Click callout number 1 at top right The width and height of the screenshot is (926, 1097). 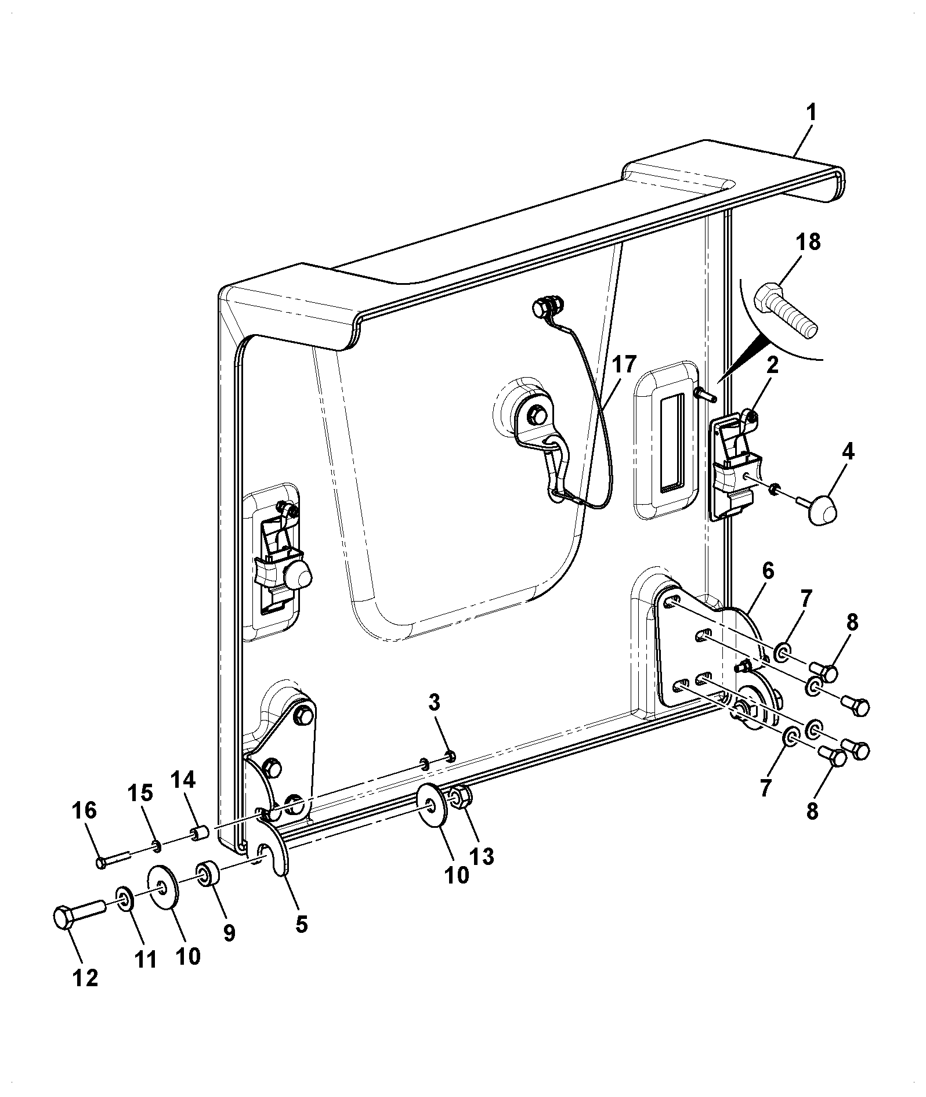811,112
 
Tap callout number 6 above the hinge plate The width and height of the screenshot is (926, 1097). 767,571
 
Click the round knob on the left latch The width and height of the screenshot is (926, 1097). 297,576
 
